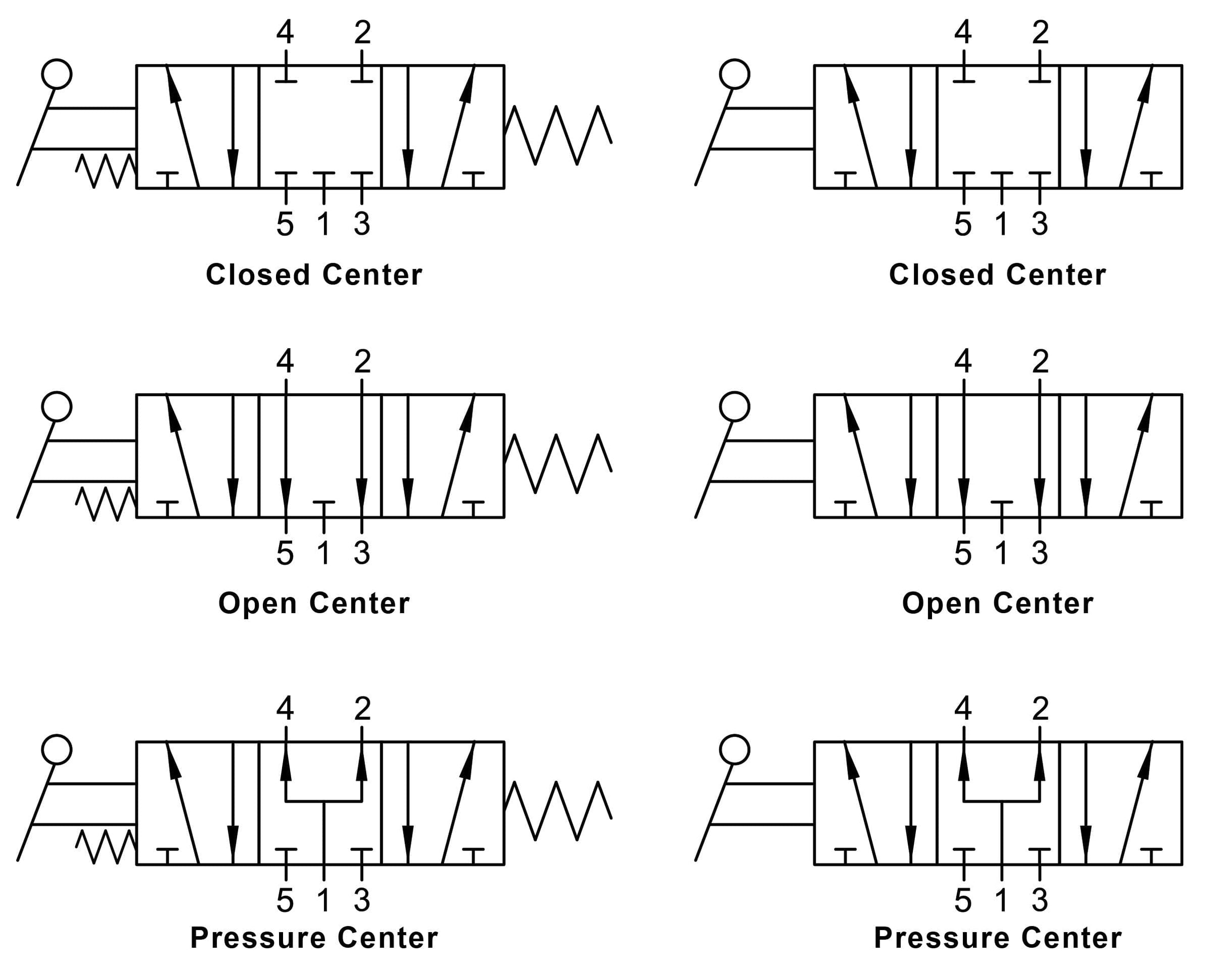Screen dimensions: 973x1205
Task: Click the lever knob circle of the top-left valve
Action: pos(57,74)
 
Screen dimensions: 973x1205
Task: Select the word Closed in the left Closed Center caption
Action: pos(258,274)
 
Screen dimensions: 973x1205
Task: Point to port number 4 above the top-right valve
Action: pos(963,32)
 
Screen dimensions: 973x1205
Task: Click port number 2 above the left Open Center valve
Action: pos(362,361)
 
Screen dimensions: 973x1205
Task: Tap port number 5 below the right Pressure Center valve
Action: pos(963,900)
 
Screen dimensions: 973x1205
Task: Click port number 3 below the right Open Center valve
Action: pos(1040,552)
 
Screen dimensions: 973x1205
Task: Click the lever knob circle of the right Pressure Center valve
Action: pos(734,750)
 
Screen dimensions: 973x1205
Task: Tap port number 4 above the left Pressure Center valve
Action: pos(285,709)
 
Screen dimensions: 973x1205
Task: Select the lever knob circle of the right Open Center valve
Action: pos(734,406)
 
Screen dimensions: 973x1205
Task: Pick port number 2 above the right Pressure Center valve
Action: pos(1040,709)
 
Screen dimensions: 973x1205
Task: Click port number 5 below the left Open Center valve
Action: pos(285,552)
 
